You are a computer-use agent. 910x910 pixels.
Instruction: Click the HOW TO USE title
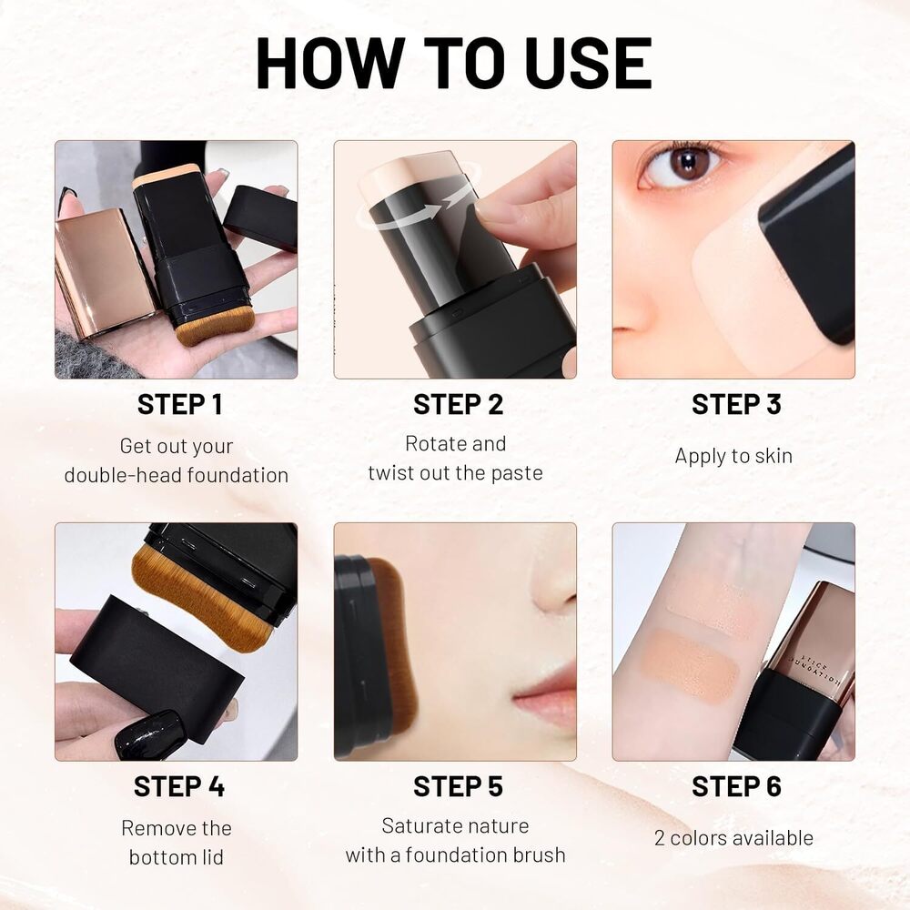coord(453,64)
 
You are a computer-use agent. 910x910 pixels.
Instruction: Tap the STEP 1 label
coord(179,405)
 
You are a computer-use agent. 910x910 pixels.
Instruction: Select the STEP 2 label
coord(458,405)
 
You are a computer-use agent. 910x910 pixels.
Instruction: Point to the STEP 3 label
coord(736,405)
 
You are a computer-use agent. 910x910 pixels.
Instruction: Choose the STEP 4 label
coord(179,786)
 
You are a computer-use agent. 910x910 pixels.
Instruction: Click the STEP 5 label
coord(458,786)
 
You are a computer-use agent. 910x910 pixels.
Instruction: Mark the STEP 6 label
coord(736,786)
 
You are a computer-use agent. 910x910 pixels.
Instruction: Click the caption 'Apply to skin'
coord(733,456)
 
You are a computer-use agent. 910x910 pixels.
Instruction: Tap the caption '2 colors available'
coord(733,838)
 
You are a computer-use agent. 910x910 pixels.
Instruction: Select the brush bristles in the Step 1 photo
coord(214,326)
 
